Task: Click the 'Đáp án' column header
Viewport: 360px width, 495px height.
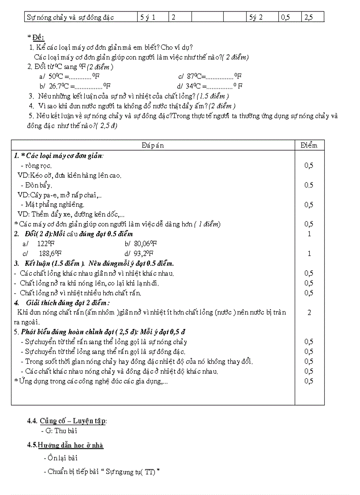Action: coord(153,145)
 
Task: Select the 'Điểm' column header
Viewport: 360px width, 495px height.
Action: coord(309,145)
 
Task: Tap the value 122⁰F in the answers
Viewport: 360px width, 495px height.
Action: coord(44,244)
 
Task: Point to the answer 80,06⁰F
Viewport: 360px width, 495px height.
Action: coord(141,244)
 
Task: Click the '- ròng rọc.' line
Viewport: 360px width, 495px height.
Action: coord(36,166)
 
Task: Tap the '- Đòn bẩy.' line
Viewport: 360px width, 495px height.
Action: coord(36,185)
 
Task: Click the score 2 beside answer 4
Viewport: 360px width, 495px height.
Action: coord(309,313)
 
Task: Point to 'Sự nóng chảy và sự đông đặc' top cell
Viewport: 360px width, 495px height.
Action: coord(70,18)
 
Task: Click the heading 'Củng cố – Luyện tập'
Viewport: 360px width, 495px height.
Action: coord(73,421)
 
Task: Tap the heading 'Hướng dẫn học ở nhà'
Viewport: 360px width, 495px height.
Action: coord(70,445)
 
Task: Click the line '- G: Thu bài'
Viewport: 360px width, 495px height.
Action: coord(59,431)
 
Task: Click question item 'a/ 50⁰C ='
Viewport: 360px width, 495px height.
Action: coord(66,76)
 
